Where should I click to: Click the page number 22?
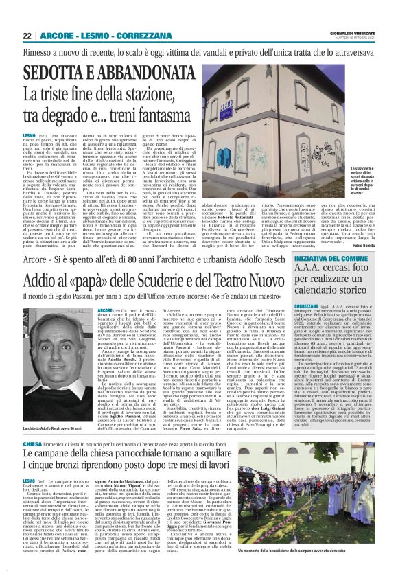[27, 36]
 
